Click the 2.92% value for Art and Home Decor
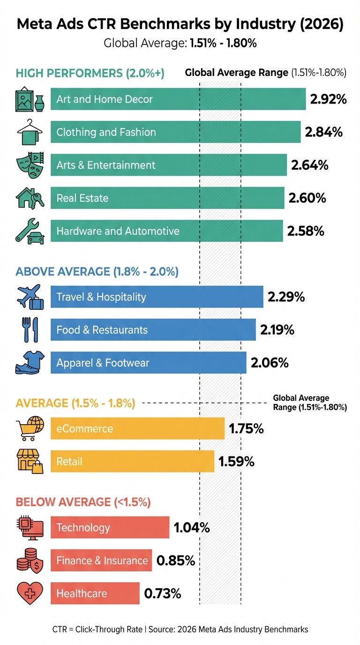(328, 99)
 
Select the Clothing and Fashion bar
(175, 132)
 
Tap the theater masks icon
(29, 165)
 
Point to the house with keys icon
(29, 198)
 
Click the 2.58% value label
(305, 231)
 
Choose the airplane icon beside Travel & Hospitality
(29, 297)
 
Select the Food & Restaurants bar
(153, 330)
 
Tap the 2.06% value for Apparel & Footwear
(270, 363)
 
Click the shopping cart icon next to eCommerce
(29, 428)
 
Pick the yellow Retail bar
(132, 462)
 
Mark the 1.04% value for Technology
(192, 527)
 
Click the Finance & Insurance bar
(101, 561)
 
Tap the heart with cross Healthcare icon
(29, 593)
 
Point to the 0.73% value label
(162, 593)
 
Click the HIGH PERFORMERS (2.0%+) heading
(90, 74)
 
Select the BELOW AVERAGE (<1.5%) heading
(83, 502)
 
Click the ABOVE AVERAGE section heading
(97, 271)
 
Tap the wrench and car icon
(29, 231)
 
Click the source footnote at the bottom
(180, 630)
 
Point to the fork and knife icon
(29, 330)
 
